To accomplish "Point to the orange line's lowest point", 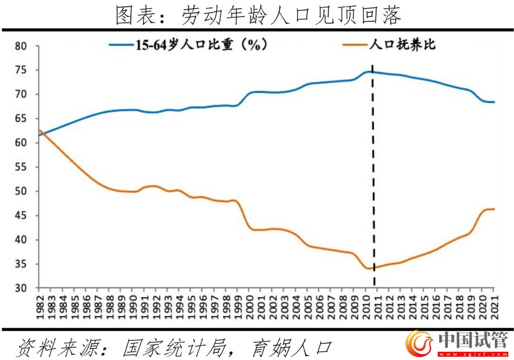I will pyautogui.click(x=368, y=268).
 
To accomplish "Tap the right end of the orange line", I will pyautogui.click(x=494, y=209).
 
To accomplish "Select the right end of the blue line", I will pyautogui.click(x=494, y=102).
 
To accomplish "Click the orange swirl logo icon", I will pyautogui.click(x=419, y=343).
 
